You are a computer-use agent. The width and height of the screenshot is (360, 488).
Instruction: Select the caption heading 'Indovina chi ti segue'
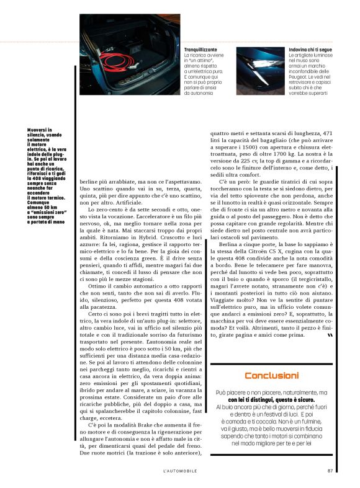[312, 48]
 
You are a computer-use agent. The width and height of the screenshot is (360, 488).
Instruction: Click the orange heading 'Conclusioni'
[271, 375]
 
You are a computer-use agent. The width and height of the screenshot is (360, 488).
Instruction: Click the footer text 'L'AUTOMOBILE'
[179, 470]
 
